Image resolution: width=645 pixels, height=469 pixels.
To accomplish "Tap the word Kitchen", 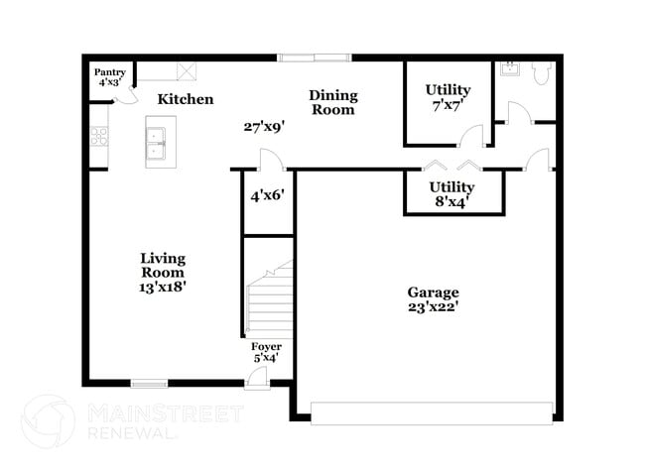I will tap(186, 99).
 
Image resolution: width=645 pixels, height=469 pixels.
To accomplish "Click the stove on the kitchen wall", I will tap(98, 137).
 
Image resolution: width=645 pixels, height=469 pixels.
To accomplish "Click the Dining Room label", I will tap(333, 102).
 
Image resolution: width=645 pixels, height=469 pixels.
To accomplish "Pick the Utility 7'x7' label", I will tap(448, 97).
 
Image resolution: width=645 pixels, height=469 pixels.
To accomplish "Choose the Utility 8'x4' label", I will tap(451, 193).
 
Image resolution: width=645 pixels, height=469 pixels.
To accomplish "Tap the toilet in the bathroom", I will tap(542, 73).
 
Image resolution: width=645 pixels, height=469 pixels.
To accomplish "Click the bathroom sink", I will tap(510, 69).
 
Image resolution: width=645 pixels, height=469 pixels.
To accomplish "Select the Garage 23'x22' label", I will tap(434, 299).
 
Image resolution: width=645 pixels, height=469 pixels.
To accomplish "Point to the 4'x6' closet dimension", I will tap(267, 196).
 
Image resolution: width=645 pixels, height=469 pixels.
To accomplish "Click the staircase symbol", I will tap(268, 297).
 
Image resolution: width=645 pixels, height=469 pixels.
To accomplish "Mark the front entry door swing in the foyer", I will tap(257, 376).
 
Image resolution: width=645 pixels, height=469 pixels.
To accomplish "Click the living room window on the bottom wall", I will tap(149, 384).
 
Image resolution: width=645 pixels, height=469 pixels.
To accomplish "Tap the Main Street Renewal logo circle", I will tap(49, 421).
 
